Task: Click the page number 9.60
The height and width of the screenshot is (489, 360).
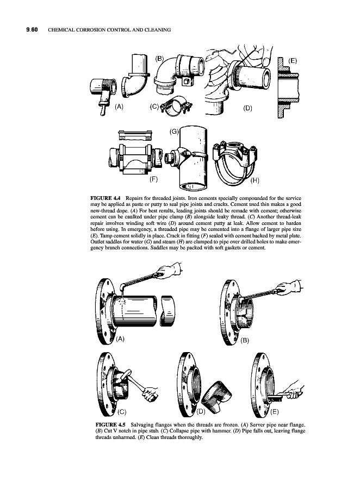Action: pyautogui.click(x=32, y=30)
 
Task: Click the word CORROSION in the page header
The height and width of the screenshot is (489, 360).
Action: pyautogui.click(x=91, y=30)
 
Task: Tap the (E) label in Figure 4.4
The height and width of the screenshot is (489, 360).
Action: pyautogui.click(x=292, y=61)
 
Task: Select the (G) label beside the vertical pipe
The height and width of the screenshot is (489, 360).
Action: pyautogui.click(x=173, y=131)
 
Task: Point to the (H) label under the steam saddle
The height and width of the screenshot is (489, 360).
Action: pyautogui.click(x=255, y=180)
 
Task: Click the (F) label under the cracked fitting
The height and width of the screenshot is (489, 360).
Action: pyautogui.click(x=153, y=179)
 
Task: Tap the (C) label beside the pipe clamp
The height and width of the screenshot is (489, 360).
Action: pyautogui.click(x=154, y=106)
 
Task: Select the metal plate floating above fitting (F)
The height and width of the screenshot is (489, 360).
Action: pyautogui.click(x=136, y=136)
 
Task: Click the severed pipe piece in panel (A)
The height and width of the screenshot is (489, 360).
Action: pyautogui.click(x=168, y=312)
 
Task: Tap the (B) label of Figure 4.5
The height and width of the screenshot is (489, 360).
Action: pyautogui.click(x=245, y=341)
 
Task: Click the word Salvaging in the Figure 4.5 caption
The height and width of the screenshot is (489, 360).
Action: pyautogui.click(x=141, y=425)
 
